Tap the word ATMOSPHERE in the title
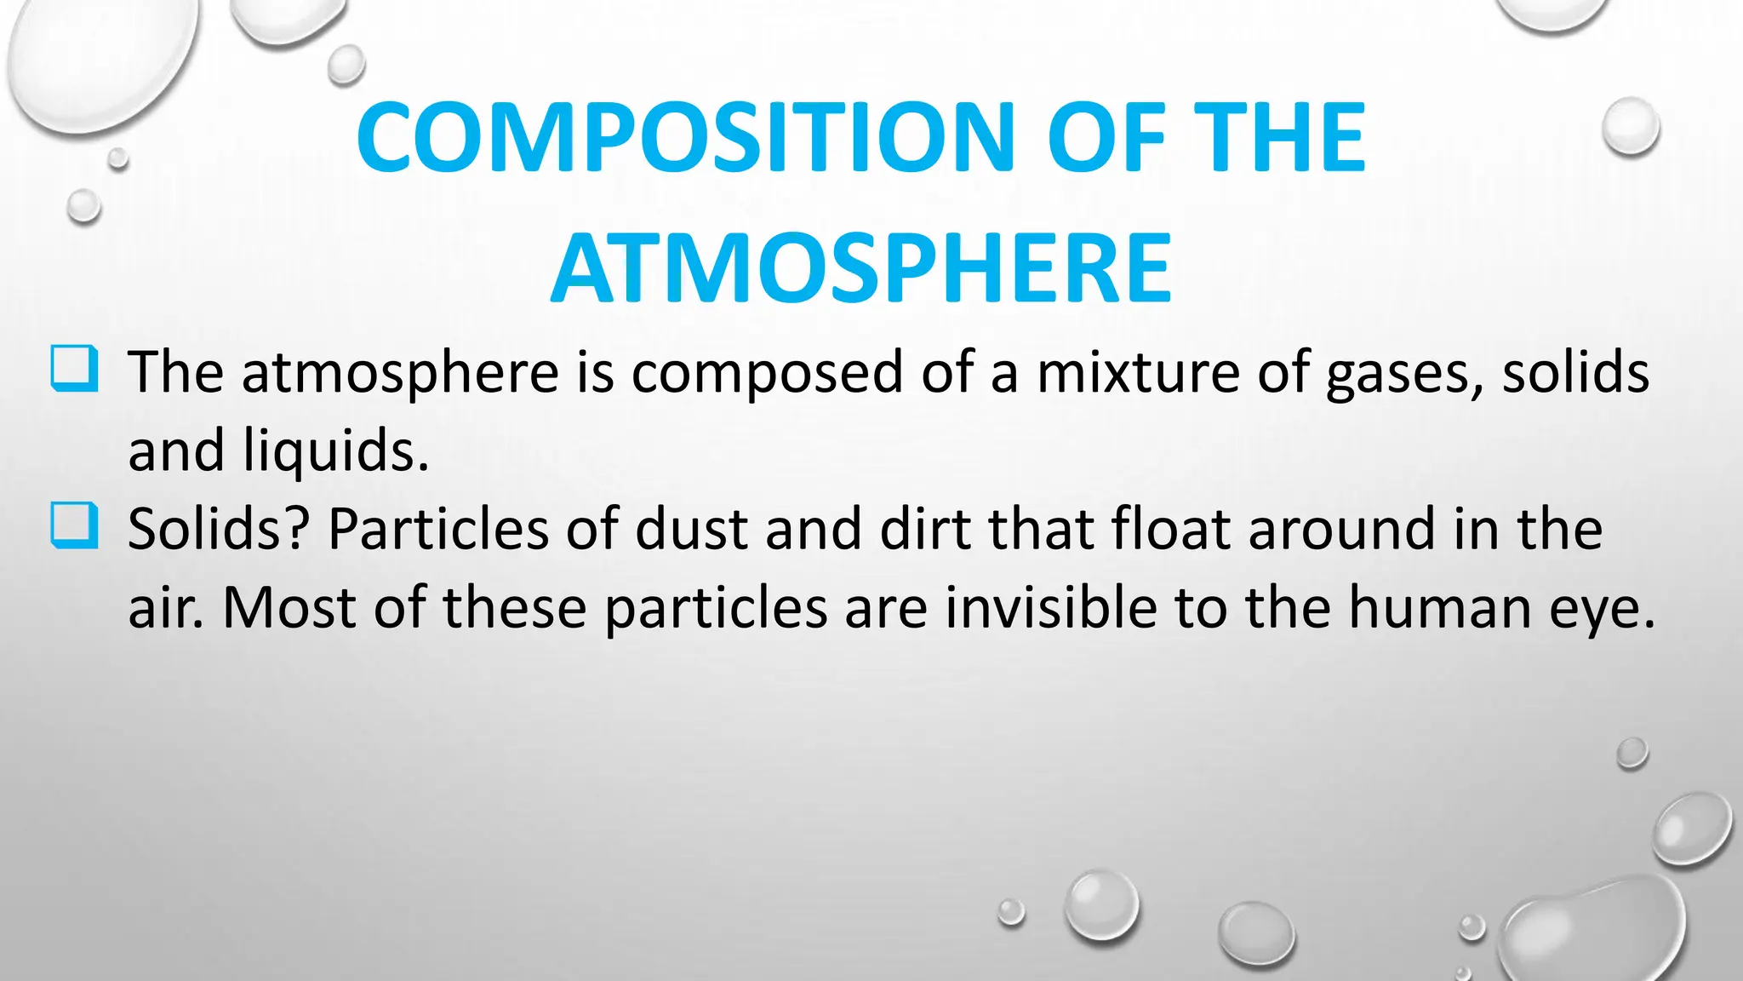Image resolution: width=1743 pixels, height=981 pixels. pyautogui.click(x=861, y=269)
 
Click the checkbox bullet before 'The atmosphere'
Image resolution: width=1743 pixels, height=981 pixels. pyautogui.click(x=74, y=368)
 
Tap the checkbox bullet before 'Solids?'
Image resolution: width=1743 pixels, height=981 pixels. pyautogui.click(x=74, y=525)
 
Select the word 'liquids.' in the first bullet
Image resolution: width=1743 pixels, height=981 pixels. pyautogui.click(x=336, y=451)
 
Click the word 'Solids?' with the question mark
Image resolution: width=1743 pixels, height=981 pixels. pyautogui.click(x=218, y=530)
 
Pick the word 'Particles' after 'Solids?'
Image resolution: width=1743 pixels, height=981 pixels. pyautogui.click(x=438, y=530)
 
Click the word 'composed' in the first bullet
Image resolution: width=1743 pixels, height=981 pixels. pyautogui.click(x=767, y=375)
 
